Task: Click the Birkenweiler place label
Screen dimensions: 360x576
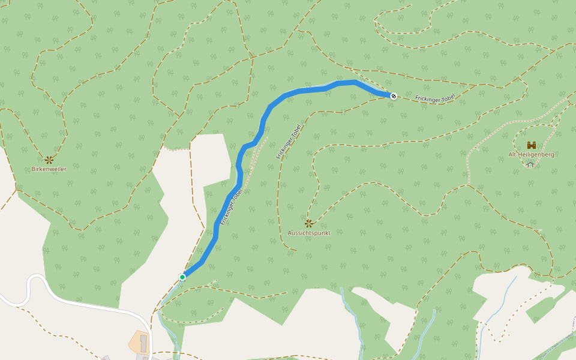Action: tap(49, 169)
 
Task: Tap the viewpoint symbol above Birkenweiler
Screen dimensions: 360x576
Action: tap(49, 160)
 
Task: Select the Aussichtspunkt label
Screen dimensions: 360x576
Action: tap(309, 233)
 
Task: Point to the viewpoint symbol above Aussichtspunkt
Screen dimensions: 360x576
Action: tap(309, 223)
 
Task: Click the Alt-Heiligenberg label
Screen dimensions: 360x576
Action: tap(531, 154)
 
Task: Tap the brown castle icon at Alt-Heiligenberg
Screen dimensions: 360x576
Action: tap(531, 145)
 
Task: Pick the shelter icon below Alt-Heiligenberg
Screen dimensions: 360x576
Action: tap(530, 164)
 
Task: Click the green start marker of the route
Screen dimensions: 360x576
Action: tap(182, 277)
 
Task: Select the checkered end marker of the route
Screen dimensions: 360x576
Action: tap(393, 95)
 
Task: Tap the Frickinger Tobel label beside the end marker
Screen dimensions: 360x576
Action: tap(434, 98)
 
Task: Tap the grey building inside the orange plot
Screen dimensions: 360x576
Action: tap(143, 343)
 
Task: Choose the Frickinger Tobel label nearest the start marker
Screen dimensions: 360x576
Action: tap(231, 207)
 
